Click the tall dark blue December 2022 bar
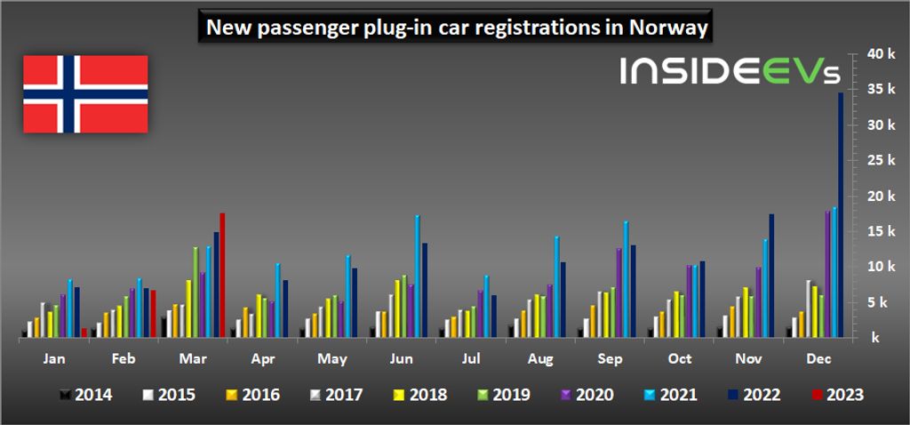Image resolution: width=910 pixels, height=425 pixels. pyautogui.click(x=841, y=213)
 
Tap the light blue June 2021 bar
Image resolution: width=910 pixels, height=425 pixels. pyautogui.click(x=418, y=276)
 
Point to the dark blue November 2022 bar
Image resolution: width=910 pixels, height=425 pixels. pyautogui.click(x=771, y=275)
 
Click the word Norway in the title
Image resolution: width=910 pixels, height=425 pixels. pyautogui.click(x=667, y=28)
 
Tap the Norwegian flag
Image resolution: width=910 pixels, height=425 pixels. pyautogui.click(x=85, y=93)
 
